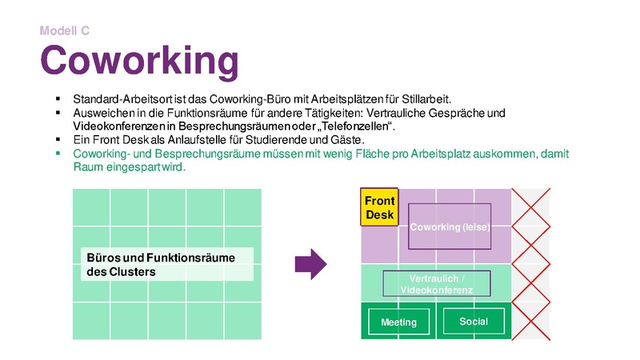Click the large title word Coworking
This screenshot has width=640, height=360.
(x=139, y=60)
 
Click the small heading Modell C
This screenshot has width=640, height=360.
(x=65, y=31)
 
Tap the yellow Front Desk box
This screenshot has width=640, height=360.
(x=379, y=207)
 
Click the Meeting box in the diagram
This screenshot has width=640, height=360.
(x=398, y=322)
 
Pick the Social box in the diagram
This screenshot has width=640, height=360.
(x=474, y=322)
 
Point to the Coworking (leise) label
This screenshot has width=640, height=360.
(x=449, y=227)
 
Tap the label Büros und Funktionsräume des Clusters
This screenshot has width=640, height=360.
(x=167, y=264)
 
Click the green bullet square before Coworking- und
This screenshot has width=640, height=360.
(x=58, y=153)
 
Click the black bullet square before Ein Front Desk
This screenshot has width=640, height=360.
(x=58, y=140)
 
